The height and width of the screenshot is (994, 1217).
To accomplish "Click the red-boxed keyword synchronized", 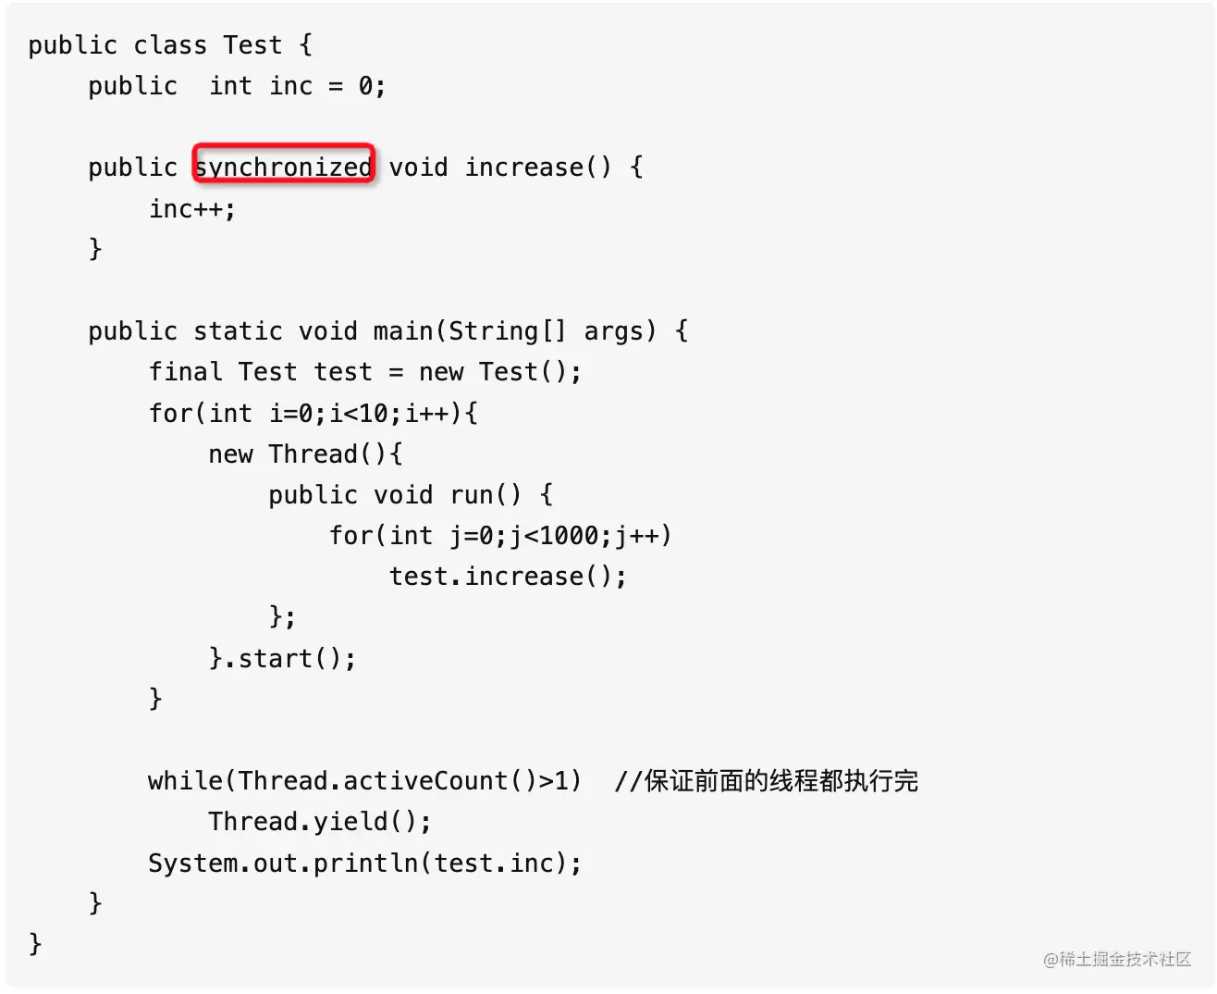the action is click(284, 167).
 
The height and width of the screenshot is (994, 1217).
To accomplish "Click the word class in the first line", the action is click(170, 44).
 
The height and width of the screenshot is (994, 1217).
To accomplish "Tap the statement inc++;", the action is click(192, 208).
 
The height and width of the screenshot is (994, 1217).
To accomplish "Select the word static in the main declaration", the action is click(238, 330).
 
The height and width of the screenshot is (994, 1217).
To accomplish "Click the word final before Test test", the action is click(186, 371).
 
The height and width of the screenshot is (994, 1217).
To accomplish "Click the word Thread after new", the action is click(313, 454).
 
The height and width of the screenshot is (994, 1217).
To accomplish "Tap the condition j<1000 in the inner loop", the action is click(560, 535).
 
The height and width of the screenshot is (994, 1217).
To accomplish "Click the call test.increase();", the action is click(508, 576).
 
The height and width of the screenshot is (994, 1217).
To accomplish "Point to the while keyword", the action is click(185, 780).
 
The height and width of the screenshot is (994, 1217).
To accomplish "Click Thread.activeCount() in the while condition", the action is click(387, 780).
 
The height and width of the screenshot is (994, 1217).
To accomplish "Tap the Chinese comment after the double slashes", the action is click(781, 780).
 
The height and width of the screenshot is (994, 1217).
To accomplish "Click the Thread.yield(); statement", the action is click(320, 821).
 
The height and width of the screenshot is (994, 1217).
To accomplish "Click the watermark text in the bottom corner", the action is click(1117, 959).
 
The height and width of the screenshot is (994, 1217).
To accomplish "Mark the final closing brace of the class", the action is click(35, 943).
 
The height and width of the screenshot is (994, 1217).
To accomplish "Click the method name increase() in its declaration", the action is click(537, 167).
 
